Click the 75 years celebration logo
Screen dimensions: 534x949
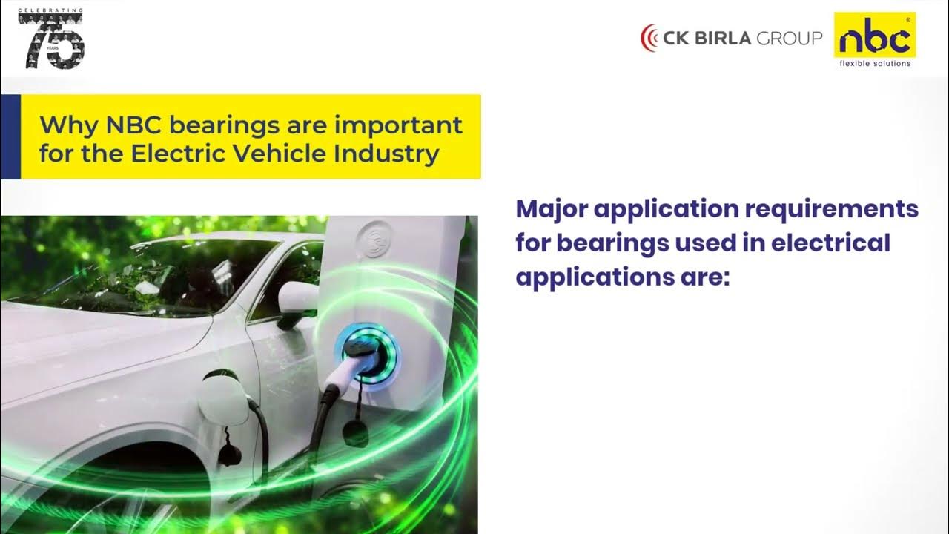pyautogui.click(x=51, y=40)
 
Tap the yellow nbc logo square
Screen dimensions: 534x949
pyautogui.click(x=875, y=35)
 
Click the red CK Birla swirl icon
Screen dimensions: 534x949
pyautogui.click(x=649, y=38)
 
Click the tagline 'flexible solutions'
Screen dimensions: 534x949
pyautogui.click(x=875, y=63)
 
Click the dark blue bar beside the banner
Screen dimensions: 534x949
pyautogui.click(x=10, y=136)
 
